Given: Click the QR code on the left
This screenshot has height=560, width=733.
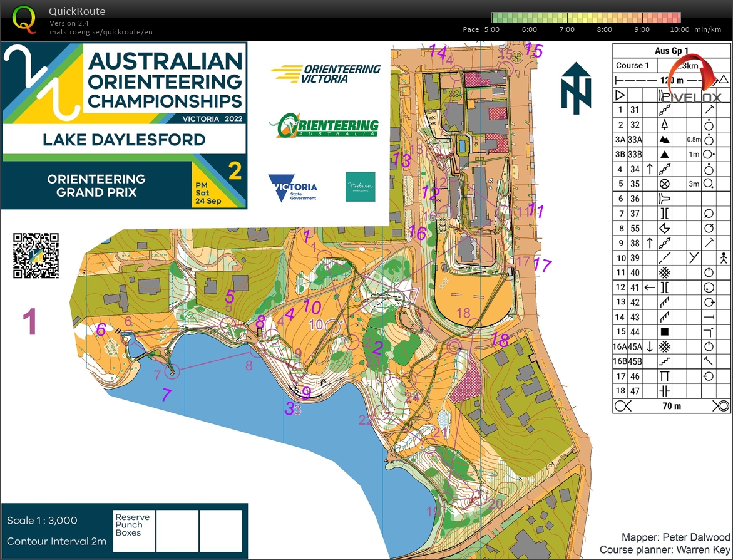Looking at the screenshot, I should click(x=36, y=255).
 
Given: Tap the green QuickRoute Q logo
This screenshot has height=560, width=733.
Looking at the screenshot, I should click(x=24, y=19).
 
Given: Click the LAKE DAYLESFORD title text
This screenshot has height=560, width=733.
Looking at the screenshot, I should click(x=123, y=139).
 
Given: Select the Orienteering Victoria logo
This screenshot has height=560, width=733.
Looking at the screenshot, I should click(x=326, y=73).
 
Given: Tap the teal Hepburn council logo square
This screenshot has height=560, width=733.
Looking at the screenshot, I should click(x=360, y=187).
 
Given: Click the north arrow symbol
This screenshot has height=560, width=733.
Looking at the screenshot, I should click(x=575, y=87).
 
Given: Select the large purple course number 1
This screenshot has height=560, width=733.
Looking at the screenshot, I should click(x=29, y=322).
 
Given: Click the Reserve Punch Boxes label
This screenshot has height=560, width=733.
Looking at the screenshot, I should click(x=132, y=524).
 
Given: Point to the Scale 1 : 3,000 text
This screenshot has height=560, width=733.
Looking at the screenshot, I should click(x=42, y=521).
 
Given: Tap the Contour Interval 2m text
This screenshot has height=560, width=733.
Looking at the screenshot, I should click(x=56, y=541).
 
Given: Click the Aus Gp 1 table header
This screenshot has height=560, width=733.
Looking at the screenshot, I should click(x=671, y=51).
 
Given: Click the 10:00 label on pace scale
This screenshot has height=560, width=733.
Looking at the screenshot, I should click(x=680, y=29).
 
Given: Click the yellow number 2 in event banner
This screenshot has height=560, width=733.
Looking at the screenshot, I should click(x=235, y=170).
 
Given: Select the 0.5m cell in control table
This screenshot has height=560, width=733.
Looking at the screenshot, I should click(x=692, y=139).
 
